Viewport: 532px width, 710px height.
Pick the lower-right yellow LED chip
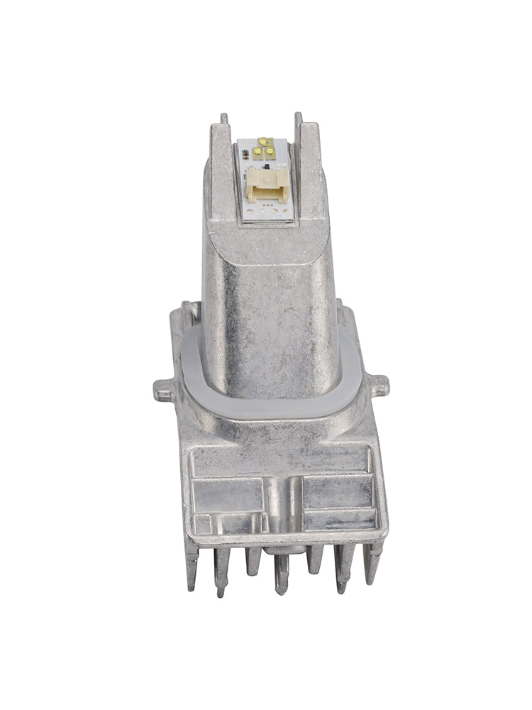(x=270, y=152)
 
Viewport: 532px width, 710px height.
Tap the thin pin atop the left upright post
(x=224, y=119)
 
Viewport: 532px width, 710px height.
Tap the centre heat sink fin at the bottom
(x=282, y=572)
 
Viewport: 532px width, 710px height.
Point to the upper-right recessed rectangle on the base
(x=337, y=489)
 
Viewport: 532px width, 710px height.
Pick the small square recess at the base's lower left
(x=202, y=524)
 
